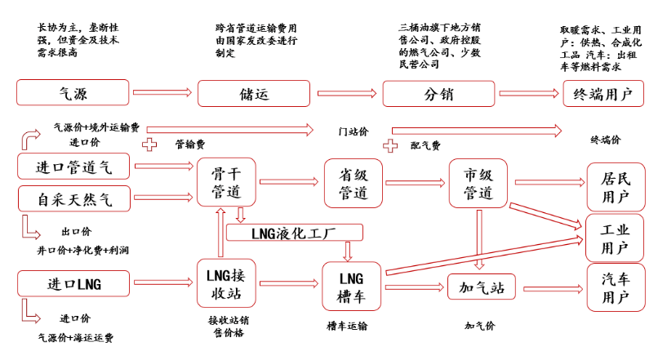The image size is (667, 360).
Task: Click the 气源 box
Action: pyautogui.click(x=73, y=93)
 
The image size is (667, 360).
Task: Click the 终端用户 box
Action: pyautogui.click(x=603, y=93)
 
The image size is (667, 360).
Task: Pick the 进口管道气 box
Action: pyautogui.click(x=73, y=167)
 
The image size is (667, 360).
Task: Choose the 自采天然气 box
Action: pyautogui.click(x=73, y=198)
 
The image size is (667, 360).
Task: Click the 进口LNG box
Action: pyautogui.click(x=73, y=284)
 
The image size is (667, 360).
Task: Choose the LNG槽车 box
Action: pyautogui.click(x=354, y=286)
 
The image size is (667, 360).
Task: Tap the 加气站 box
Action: pyautogui.click(x=481, y=287)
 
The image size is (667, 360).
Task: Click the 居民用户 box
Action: pyautogui.click(x=615, y=186)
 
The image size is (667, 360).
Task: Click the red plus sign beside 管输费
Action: pyautogui.click(x=149, y=144)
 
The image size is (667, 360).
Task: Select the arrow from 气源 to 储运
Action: pyautogui.click(x=163, y=92)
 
